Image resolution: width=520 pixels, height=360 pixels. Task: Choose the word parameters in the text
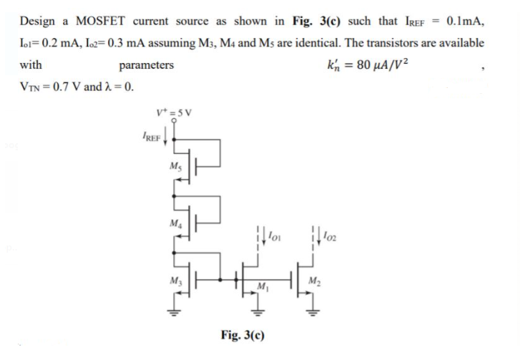(x=146, y=66)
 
